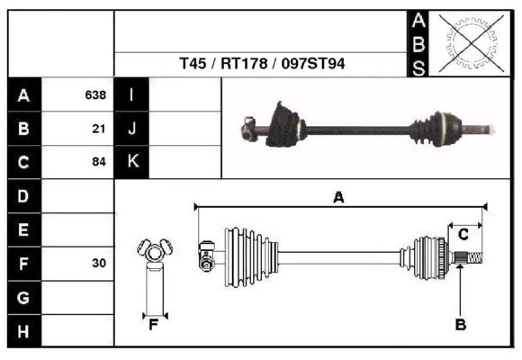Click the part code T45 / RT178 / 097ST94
(x=262, y=65)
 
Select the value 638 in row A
(x=95, y=94)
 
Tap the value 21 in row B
(x=99, y=129)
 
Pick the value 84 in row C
(x=99, y=163)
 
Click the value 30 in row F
(x=99, y=264)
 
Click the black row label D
(x=23, y=196)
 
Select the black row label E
(x=23, y=230)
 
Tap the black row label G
(x=23, y=298)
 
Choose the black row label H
(x=23, y=332)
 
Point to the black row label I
(x=131, y=94)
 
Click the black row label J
(x=131, y=129)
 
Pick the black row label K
(x=131, y=163)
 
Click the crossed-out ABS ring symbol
(x=465, y=42)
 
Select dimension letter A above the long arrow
(x=339, y=197)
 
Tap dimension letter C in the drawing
(x=463, y=235)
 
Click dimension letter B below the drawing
(x=460, y=325)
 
